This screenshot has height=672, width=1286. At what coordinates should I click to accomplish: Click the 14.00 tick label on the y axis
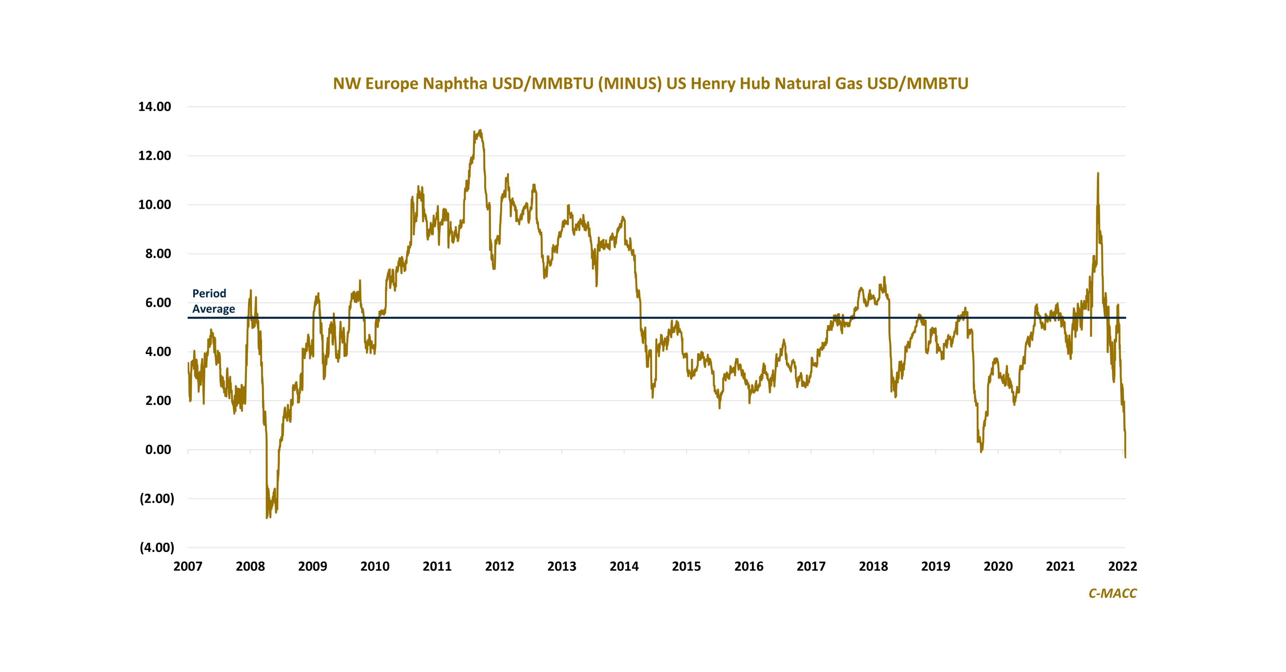pyautogui.click(x=155, y=106)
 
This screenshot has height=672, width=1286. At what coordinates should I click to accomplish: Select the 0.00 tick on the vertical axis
pyautogui.click(x=158, y=450)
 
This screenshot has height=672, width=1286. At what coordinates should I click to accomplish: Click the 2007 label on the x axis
pyautogui.click(x=188, y=566)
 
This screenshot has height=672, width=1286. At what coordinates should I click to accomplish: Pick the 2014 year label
pyautogui.click(x=624, y=566)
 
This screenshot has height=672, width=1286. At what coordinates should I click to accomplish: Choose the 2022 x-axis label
pyautogui.click(x=1122, y=566)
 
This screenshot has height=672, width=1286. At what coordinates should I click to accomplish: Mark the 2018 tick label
pyautogui.click(x=873, y=566)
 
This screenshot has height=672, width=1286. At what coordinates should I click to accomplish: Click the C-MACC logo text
pyautogui.click(x=1112, y=593)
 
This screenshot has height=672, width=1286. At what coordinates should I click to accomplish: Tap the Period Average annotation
pyautogui.click(x=213, y=301)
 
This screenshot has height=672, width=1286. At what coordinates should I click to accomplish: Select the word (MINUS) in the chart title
pyautogui.click(x=630, y=83)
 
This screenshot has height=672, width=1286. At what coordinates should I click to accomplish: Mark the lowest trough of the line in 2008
pyautogui.click(x=267, y=518)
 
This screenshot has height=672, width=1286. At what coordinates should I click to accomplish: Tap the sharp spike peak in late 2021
pyautogui.click(x=1098, y=173)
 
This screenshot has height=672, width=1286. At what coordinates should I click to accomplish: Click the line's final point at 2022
pyautogui.click(x=1125, y=457)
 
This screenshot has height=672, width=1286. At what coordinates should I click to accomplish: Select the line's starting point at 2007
pyautogui.click(x=188, y=363)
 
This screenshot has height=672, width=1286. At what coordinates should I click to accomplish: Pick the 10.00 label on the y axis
pyautogui.click(x=155, y=205)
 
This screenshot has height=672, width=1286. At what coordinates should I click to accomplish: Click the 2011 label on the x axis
pyautogui.click(x=437, y=566)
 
